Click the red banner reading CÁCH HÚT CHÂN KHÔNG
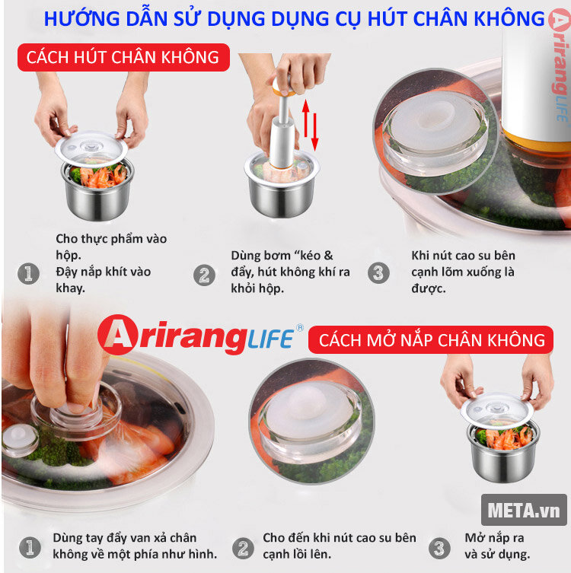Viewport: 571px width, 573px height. (x=123, y=57)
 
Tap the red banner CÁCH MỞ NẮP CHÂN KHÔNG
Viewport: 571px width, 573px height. (x=432, y=339)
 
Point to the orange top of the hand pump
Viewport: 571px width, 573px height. (x=282, y=85)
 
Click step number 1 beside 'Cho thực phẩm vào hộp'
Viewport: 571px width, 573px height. (x=29, y=273)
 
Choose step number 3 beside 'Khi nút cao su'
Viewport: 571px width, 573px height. (x=378, y=273)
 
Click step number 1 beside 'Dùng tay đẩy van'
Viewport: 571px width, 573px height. (x=29, y=546)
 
